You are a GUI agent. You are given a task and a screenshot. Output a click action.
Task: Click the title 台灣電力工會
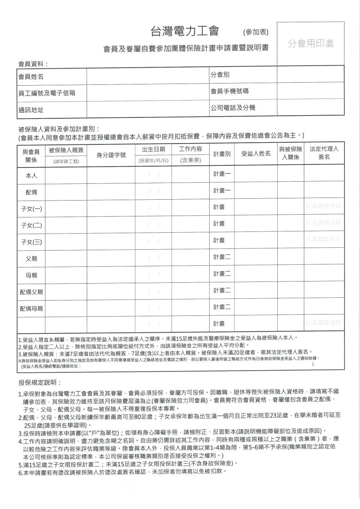(185, 31)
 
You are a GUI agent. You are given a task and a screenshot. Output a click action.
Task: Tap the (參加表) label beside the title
(256, 32)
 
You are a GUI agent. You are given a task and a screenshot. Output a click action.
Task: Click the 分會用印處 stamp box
(311, 44)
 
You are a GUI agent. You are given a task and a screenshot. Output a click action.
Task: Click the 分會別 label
(220, 75)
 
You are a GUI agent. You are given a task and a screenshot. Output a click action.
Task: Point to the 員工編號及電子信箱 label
(47, 93)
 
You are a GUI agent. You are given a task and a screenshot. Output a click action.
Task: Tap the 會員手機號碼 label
(230, 91)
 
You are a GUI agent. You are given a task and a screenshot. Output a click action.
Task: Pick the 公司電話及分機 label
(233, 108)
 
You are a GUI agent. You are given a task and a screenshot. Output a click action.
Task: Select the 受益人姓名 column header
(256, 154)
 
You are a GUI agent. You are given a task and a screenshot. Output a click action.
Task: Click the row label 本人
(32, 175)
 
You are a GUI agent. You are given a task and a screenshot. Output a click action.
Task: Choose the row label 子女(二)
(32, 225)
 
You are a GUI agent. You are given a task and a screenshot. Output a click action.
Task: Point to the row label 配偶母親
(32, 308)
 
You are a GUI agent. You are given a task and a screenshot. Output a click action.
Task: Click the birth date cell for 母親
(153, 275)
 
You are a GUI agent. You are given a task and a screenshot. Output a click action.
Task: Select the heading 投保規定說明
(40, 382)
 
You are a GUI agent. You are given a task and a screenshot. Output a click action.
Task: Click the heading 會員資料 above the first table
(33, 64)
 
